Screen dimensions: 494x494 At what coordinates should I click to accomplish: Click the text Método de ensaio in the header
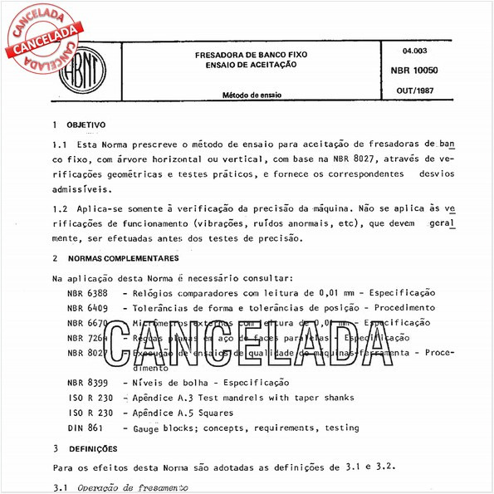[x=251, y=95]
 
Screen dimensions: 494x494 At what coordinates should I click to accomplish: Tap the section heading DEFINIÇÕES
[x=93, y=448]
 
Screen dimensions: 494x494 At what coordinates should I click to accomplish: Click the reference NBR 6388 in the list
[x=86, y=293]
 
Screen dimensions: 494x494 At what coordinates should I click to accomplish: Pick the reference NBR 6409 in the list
[x=86, y=307]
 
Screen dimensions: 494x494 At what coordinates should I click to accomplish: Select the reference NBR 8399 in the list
[x=86, y=383]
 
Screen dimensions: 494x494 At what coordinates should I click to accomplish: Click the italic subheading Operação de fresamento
[x=144, y=487]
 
